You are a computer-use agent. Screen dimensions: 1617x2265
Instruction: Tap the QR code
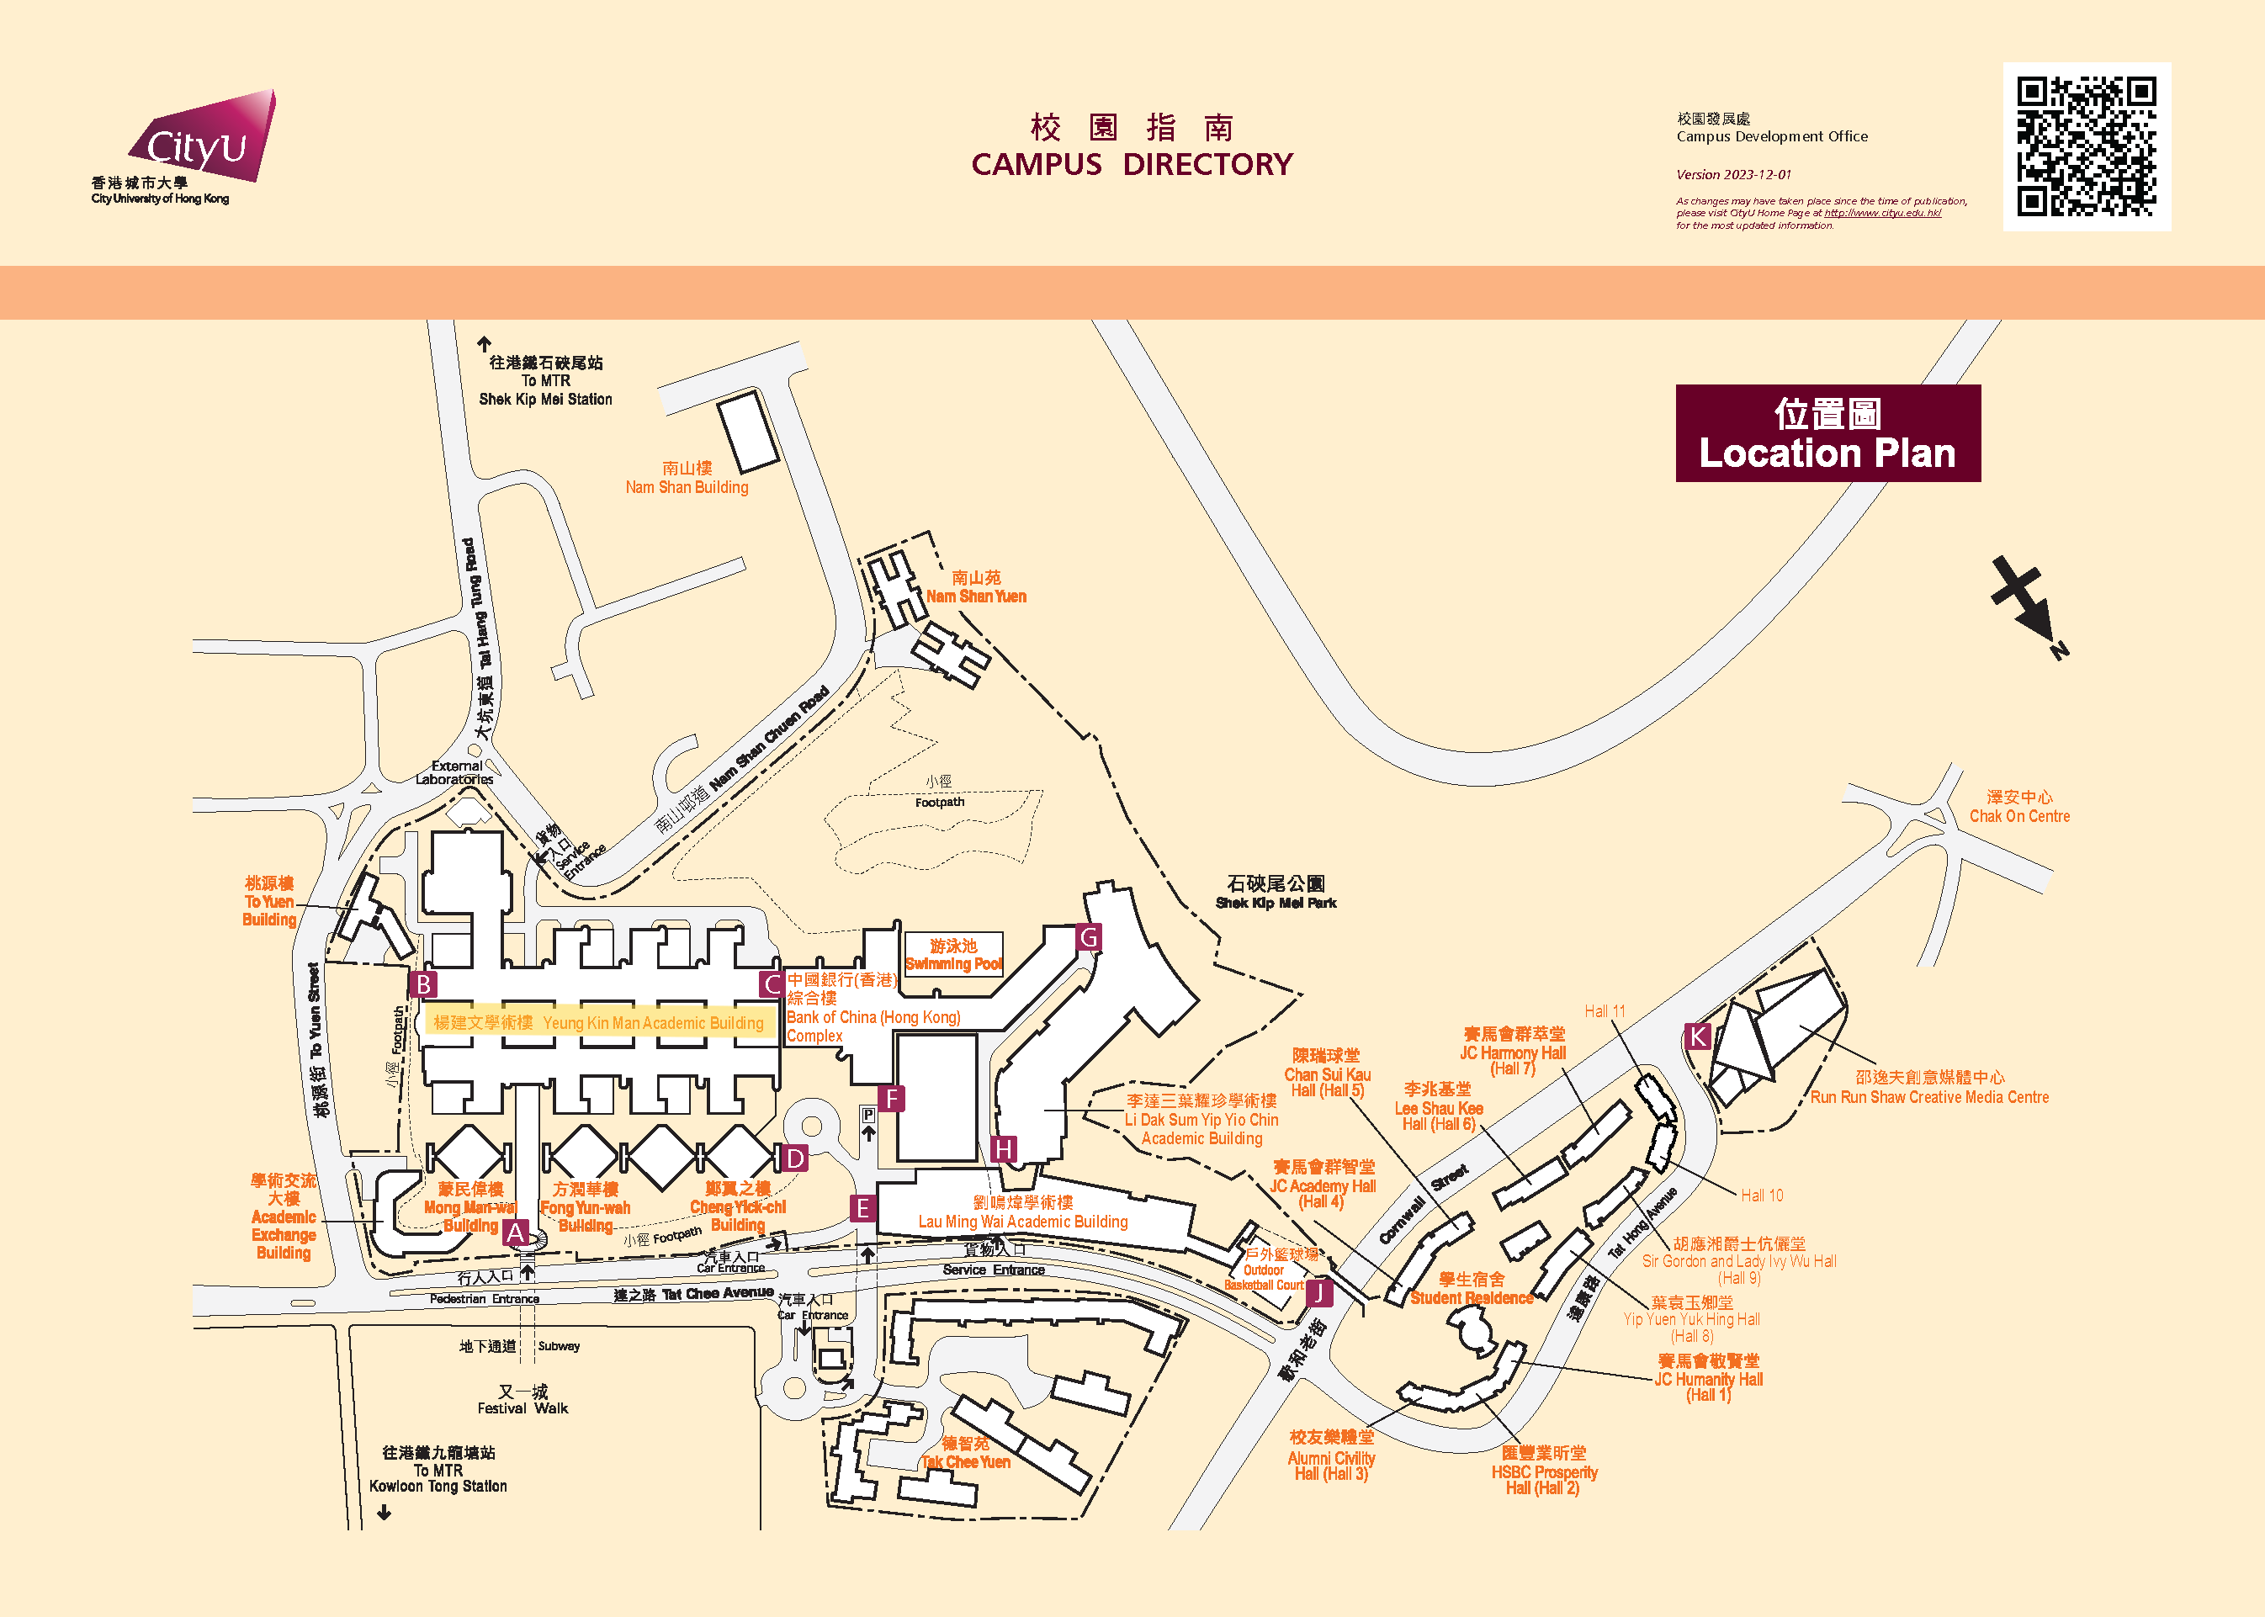coord(2086,146)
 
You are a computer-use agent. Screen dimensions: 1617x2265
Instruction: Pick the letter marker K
coord(1698,1036)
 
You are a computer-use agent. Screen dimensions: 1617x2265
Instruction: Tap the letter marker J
coord(1318,1292)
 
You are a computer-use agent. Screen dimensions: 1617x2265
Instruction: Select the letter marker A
coord(515,1232)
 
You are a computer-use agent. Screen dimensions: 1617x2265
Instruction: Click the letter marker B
coord(423,983)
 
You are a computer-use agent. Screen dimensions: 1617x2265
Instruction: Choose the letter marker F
coord(891,1098)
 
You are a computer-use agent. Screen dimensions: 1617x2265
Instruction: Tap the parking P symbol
coord(868,1116)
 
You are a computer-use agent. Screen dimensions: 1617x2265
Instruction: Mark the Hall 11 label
coord(1604,1011)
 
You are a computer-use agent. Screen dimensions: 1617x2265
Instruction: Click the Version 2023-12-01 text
coord(1732,174)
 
